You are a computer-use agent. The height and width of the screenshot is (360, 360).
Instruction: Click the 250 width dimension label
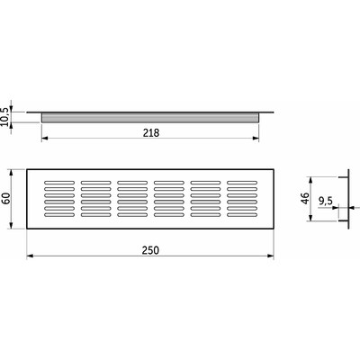(150, 250)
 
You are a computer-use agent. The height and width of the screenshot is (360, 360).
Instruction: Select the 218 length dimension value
(151, 132)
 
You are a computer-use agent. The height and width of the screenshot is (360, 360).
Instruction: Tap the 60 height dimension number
(6, 198)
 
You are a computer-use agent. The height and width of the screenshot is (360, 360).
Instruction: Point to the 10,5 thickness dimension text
(6, 118)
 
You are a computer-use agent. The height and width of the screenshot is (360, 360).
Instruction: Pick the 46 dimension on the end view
(305, 198)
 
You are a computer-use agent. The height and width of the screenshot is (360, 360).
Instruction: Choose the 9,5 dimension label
(326, 201)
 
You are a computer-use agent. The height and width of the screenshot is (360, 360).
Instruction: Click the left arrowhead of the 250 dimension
(30, 256)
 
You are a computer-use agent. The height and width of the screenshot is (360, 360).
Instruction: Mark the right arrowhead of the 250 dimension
(271, 256)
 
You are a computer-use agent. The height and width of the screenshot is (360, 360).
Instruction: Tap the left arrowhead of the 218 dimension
(44, 138)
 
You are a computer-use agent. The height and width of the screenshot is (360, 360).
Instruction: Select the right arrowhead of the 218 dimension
(256, 138)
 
